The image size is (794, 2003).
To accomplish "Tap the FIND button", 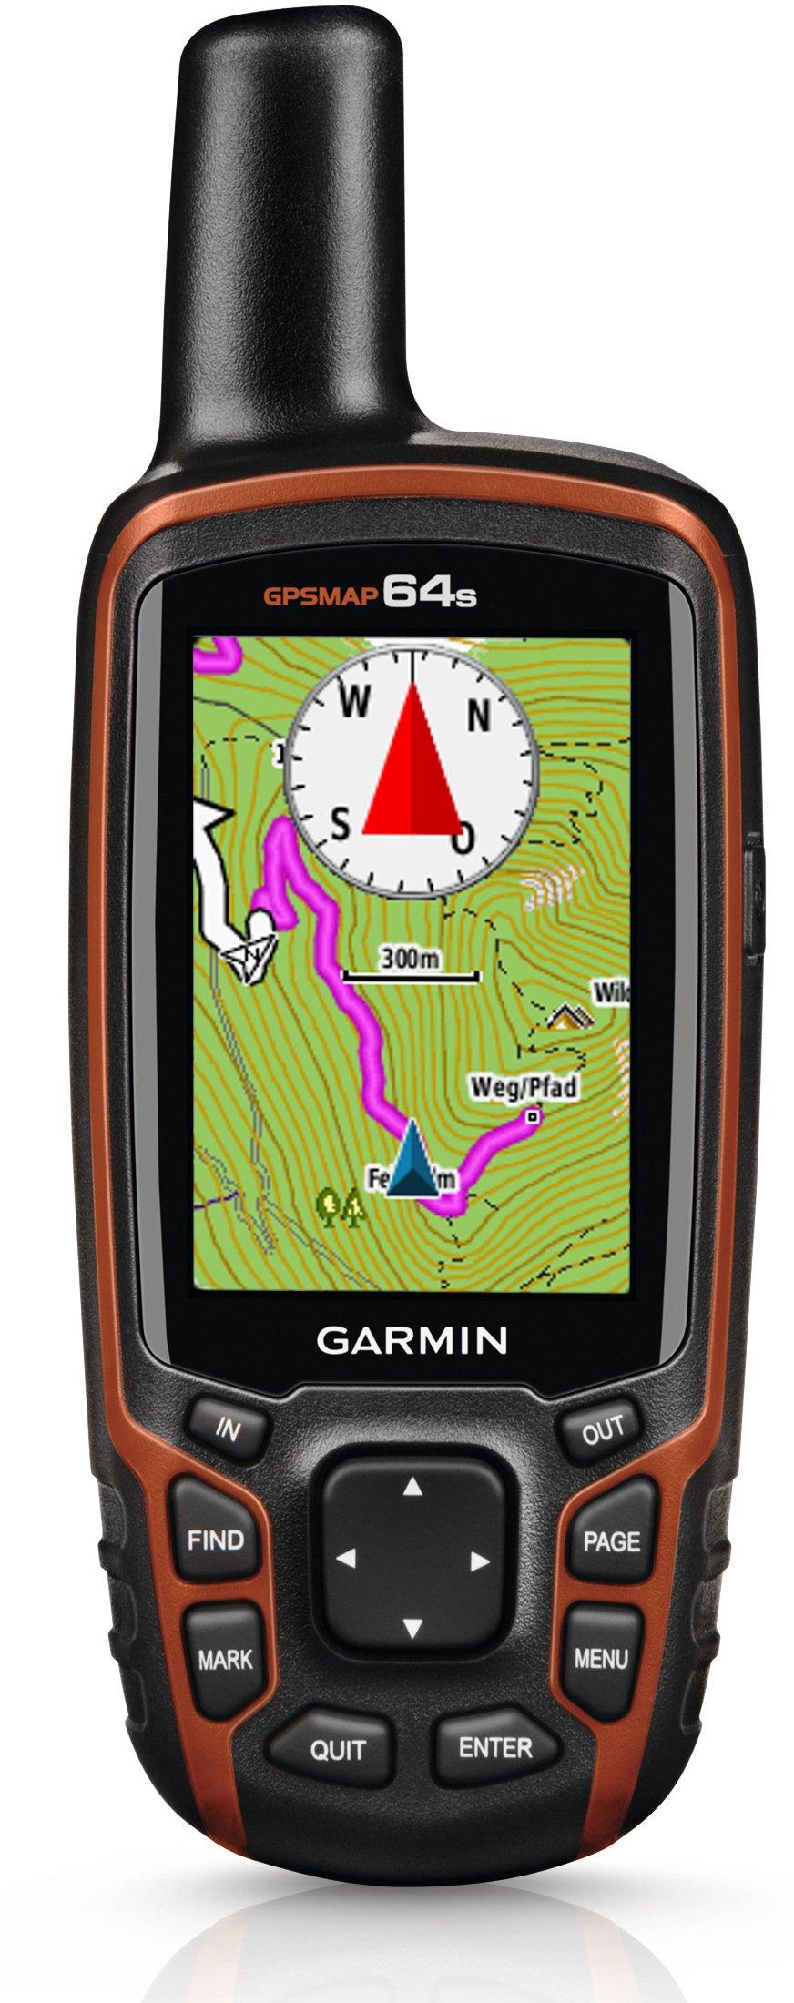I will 216,1540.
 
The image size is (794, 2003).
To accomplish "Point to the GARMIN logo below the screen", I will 412,1339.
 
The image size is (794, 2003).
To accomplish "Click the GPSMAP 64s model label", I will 370,595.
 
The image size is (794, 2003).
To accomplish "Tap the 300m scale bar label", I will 409,958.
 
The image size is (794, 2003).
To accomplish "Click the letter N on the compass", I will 479,716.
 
